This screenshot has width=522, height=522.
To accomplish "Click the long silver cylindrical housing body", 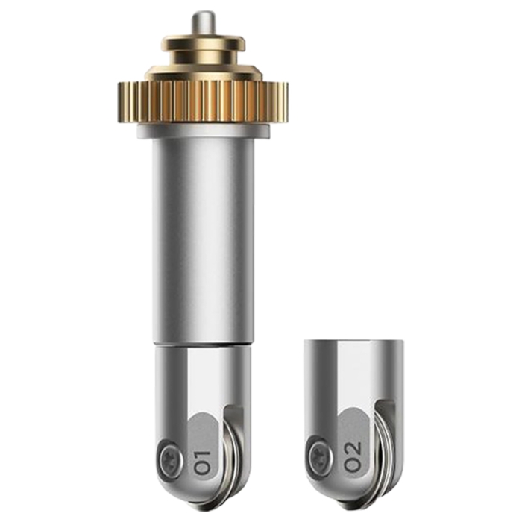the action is click(x=203, y=239).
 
